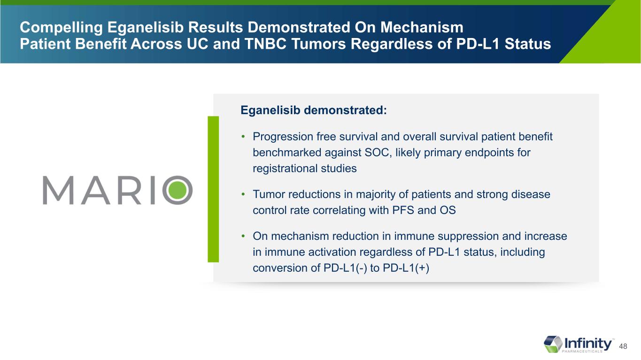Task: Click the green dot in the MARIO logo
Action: pos(178,190)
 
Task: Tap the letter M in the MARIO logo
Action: pos(58,190)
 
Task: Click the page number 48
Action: pos(623,346)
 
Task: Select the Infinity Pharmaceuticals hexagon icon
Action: pos(553,344)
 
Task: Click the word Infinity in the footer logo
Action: pos(588,343)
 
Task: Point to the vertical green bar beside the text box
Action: pos(213,189)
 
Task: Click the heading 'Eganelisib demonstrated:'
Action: pos(314,110)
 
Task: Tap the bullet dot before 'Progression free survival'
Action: pos(243,137)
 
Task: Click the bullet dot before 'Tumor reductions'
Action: pos(243,194)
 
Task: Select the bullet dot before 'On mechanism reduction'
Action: pos(243,236)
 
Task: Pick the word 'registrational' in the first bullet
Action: pos(285,169)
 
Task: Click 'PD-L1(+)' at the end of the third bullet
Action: pos(406,268)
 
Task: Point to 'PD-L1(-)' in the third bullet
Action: pos(345,268)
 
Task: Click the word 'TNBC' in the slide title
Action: pos(265,44)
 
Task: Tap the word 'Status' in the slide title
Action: pos(528,44)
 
